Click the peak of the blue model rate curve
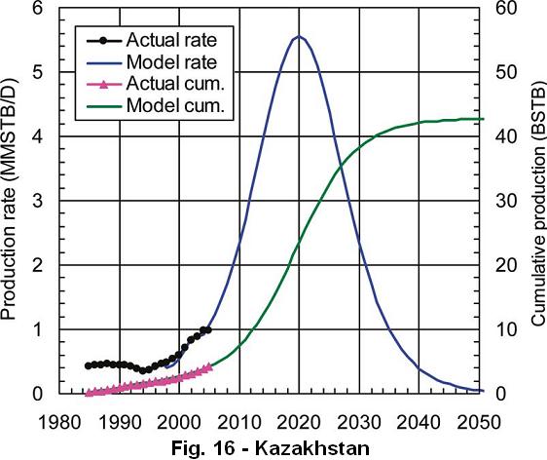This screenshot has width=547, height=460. (x=299, y=36)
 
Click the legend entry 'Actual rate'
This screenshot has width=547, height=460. (x=171, y=40)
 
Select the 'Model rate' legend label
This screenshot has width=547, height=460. (x=171, y=62)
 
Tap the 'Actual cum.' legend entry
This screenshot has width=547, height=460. (x=175, y=84)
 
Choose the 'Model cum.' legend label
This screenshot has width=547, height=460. (x=175, y=105)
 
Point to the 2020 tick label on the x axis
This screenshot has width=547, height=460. (x=299, y=422)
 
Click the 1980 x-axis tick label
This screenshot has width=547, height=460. (x=60, y=422)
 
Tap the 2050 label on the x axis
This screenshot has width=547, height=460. (x=479, y=422)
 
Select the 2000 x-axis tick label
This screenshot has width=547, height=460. (x=179, y=422)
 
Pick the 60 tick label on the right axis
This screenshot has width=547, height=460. (x=506, y=8)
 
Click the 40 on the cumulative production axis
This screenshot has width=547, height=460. (x=506, y=136)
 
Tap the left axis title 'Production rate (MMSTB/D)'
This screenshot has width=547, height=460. (x=9, y=199)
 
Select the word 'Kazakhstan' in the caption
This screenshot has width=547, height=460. (x=312, y=448)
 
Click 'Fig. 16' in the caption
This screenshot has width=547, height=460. (x=203, y=448)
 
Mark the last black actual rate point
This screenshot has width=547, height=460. (x=208, y=329)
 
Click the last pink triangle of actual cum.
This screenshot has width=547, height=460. (x=209, y=366)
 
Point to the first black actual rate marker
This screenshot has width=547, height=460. (x=89, y=365)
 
